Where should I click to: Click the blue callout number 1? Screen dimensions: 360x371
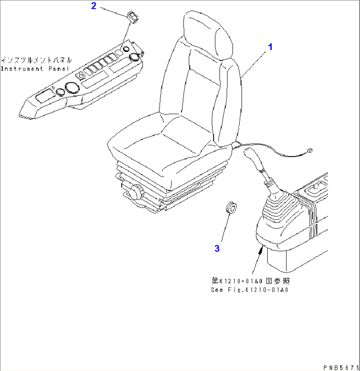coord(270,47)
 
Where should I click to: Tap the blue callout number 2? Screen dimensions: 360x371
coord(93,6)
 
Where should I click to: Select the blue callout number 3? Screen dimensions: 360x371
coord(217,248)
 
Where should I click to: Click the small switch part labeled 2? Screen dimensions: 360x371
coord(133,18)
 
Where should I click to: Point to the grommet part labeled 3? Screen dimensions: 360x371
coord(232,208)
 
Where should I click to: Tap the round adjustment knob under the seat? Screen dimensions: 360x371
coord(135,192)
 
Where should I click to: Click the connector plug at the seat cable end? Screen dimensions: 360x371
coord(309,150)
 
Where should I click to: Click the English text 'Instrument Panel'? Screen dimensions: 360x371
coord(35,69)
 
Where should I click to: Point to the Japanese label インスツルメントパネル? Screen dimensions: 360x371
coord(36,60)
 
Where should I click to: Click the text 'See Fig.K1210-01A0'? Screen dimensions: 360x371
coord(249,290)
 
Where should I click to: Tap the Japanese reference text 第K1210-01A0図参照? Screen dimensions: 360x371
coord(251,281)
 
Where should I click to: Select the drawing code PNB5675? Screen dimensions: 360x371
coord(341,367)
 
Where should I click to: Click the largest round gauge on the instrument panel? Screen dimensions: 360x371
coord(72,88)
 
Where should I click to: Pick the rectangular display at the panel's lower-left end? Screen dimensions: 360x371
coord(45,96)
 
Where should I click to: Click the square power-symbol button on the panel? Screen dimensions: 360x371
coord(81,76)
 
